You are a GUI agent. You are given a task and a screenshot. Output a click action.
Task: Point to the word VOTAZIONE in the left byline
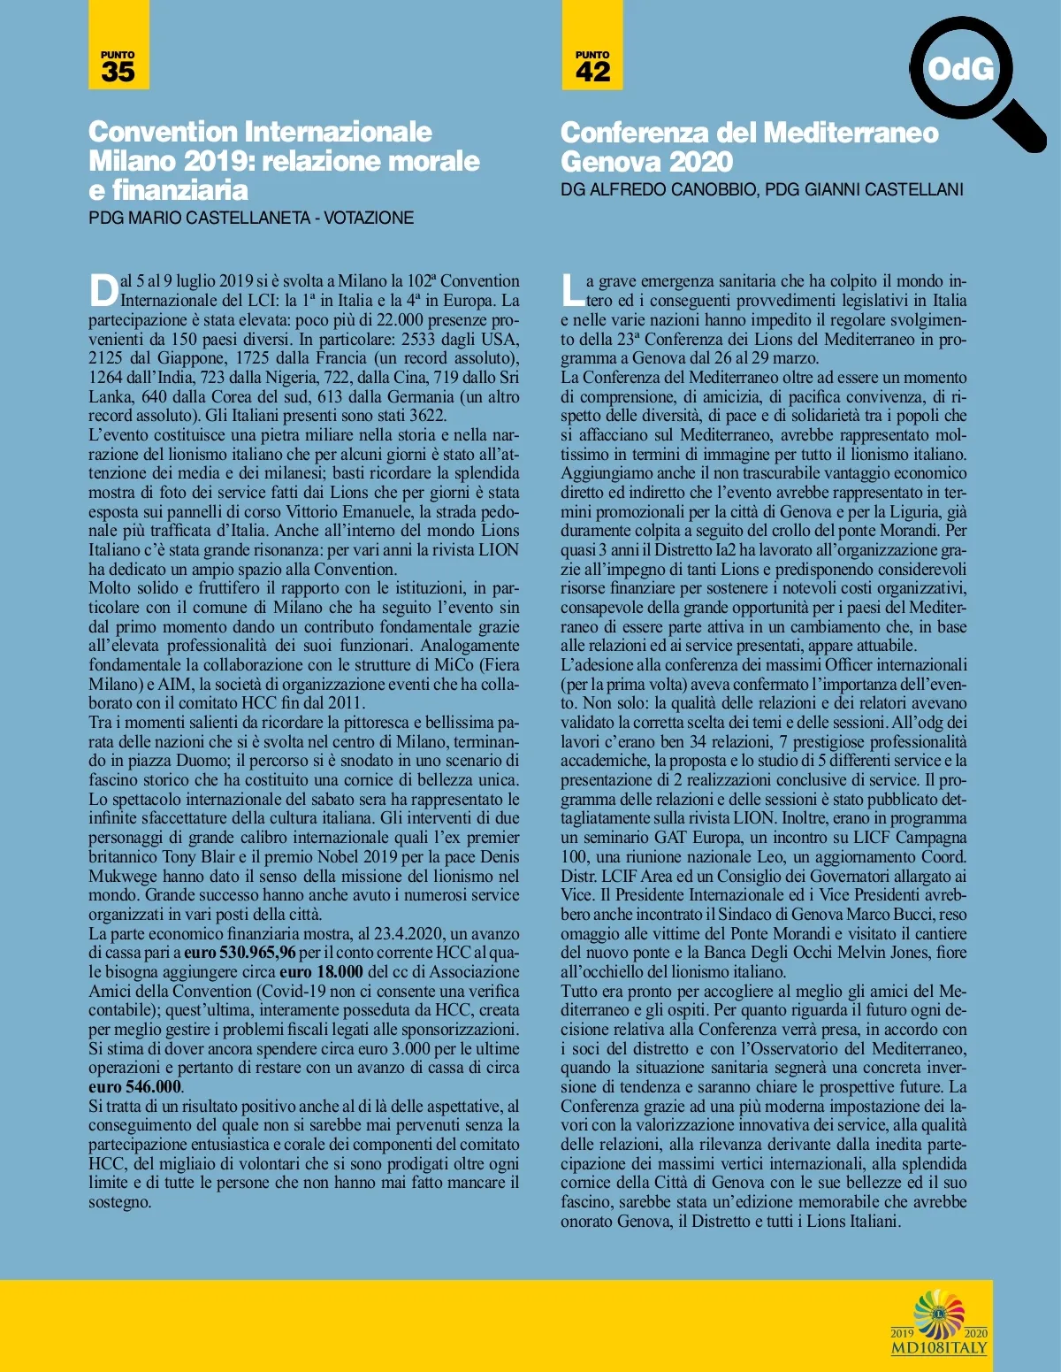[x=369, y=218]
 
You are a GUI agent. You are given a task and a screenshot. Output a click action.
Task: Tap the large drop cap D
[x=103, y=290]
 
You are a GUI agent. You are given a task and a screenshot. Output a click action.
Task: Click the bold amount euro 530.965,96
[x=240, y=953]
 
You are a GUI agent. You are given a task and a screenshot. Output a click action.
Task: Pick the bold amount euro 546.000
[x=134, y=1087]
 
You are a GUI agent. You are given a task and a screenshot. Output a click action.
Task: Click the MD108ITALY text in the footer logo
[x=939, y=1348]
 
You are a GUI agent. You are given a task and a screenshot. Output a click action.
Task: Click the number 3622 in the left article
[x=428, y=416]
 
